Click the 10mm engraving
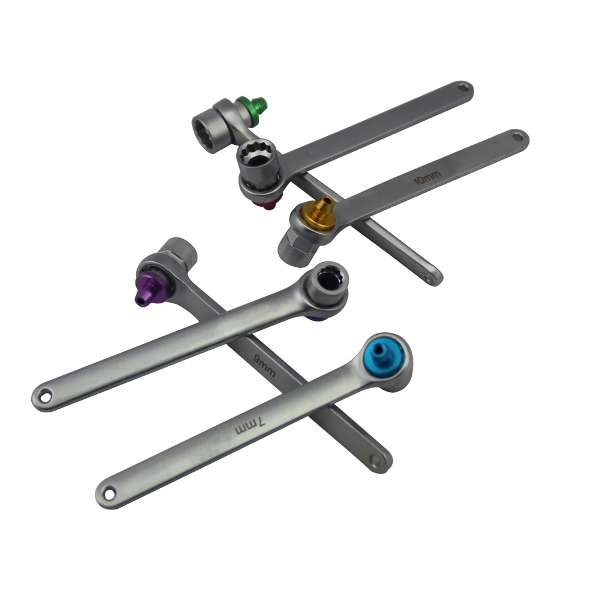427,177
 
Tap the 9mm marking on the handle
265,366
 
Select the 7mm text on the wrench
250,426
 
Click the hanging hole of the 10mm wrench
518,137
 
